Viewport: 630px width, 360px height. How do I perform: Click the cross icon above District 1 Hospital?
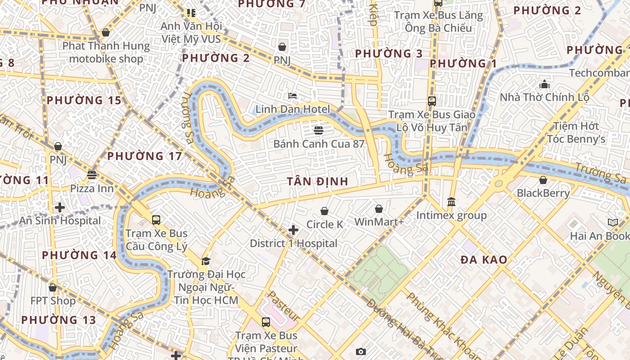pos(293,230)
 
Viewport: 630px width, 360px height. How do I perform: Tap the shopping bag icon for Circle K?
pos(324,211)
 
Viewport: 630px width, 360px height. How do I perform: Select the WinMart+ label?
pos(379,222)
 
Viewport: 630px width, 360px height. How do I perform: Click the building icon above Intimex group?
pos(451,202)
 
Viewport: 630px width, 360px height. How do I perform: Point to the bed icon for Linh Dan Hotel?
pos(292,95)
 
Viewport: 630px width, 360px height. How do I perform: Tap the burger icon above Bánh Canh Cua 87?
pos(319,130)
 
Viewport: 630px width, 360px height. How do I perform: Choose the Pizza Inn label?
pos(92,188)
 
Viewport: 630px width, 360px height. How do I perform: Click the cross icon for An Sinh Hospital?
pos(59,207)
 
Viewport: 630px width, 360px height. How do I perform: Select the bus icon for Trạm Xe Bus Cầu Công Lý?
pos(156,220)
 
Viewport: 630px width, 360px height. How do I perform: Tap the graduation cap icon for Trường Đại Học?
pos(206,261)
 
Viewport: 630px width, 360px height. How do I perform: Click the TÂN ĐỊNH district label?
pos(318,181)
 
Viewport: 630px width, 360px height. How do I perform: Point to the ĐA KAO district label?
pos(484,260)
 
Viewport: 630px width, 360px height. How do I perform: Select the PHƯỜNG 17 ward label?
pos(144,156)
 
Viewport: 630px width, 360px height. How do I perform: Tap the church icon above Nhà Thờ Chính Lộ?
pos(544,84)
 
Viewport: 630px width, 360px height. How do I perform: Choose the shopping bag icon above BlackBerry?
pos(543,180)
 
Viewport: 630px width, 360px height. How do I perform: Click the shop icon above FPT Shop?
pos(53,287)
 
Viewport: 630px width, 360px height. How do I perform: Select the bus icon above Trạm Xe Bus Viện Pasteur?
pos(266,322)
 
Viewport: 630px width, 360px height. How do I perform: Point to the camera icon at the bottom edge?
pos(360,351)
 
